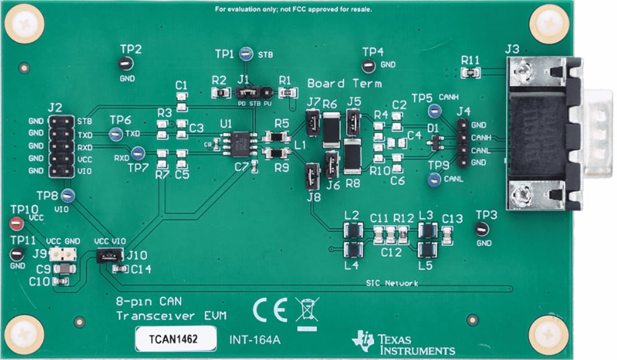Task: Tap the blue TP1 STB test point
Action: click(x=245, y=54)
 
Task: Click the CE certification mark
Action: click(x=270, y=309)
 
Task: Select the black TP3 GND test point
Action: click(x=480, y=229)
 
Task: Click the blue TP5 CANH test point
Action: click(x=434, y=111)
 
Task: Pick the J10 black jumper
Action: click(x=109, y=256)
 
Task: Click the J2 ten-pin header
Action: click(x=61, y=146)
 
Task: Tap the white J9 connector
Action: click(x=62, y=254)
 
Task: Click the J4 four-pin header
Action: click(x=463, y=143)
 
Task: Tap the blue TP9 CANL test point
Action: click(x=433, y=179)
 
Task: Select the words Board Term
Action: click(x=344, y=84)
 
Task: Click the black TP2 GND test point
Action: click(x=126, y=64)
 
